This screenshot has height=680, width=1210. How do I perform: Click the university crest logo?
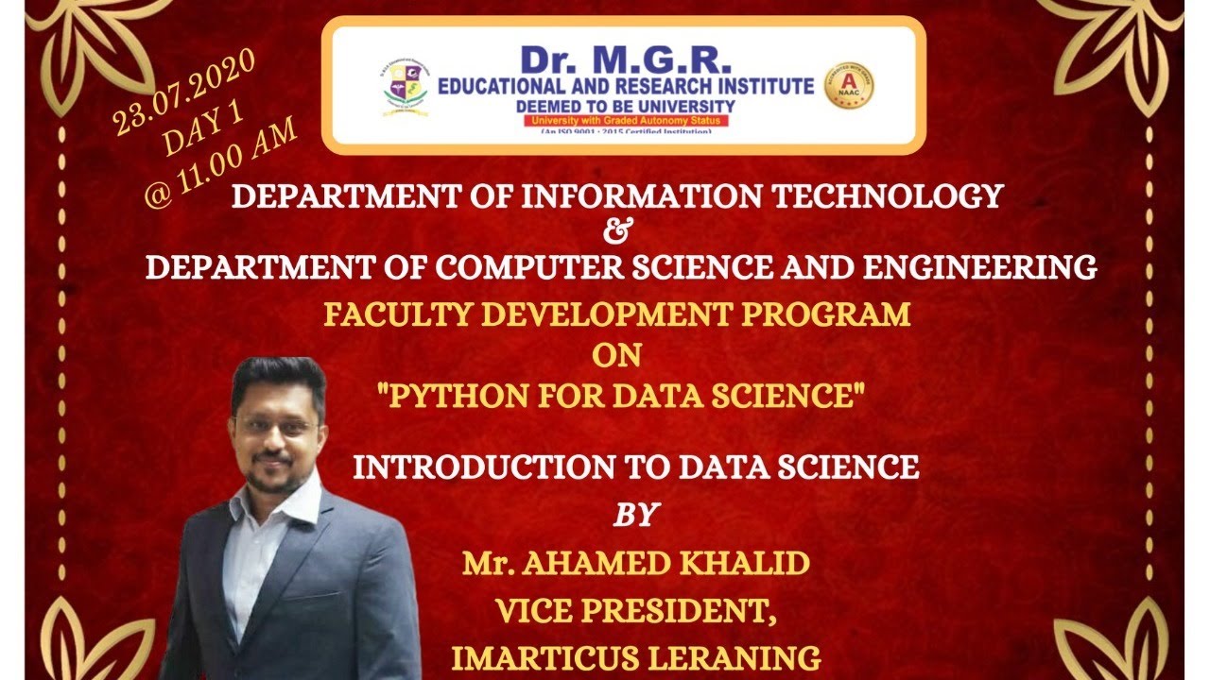(404, 87)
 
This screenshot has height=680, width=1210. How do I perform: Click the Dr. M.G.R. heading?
(625, 60)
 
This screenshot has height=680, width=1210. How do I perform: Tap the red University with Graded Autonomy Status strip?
(625, 121)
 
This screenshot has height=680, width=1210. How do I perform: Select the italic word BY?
(635, 515)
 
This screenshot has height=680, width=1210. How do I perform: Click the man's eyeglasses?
(276, 425)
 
